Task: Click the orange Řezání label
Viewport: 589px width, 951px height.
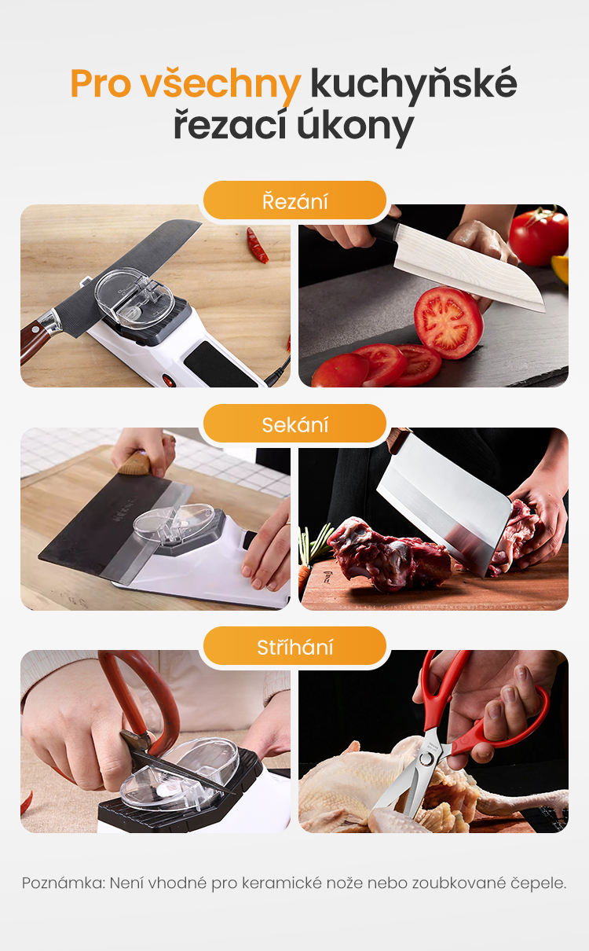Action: (294, 201)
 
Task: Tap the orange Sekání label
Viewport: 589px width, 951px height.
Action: (294, 424)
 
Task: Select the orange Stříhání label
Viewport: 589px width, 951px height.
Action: (294, 647)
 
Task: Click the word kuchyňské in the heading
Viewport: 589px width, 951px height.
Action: (414, 85)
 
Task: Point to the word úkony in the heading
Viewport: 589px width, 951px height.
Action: (355, 126)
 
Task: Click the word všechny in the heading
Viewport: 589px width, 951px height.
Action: (221, 85)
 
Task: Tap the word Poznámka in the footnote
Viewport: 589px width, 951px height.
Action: (64, 883)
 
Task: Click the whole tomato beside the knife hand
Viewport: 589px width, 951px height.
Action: (538, 236)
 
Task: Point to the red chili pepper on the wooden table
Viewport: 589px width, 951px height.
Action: (257, 245)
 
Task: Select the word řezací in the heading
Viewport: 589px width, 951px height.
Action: (230, 126)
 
